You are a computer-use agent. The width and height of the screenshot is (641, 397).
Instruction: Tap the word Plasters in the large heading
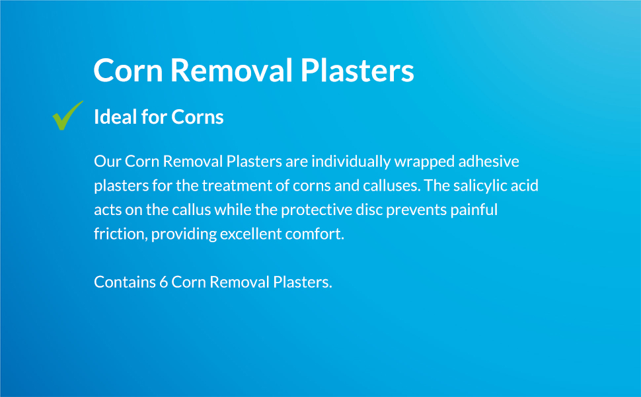(358, 71)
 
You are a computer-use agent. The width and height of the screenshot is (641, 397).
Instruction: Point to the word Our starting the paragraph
(107, 161)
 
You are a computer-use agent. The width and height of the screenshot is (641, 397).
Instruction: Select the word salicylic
(478, 185)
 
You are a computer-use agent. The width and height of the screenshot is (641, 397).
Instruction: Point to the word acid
(525, 185)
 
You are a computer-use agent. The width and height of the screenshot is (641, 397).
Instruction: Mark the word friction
(119, 234)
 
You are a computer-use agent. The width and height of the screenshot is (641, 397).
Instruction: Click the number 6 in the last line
(163, 282)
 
